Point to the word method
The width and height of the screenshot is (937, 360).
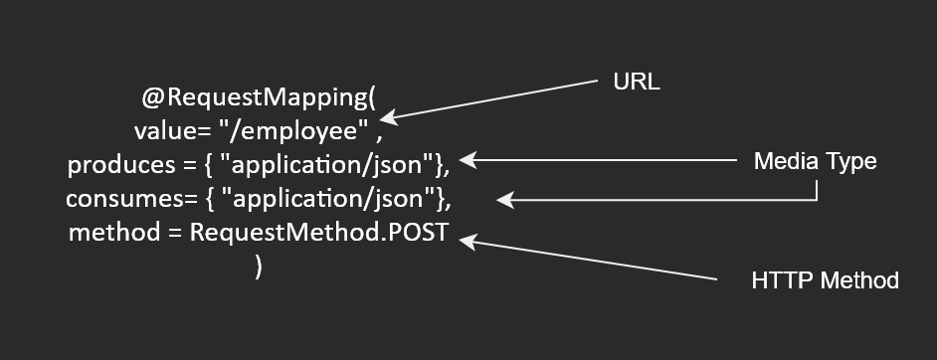point(110,234)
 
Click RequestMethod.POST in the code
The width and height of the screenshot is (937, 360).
point(319,234)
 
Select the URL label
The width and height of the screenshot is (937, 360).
point(637,83)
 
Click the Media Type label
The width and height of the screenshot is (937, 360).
point(816,160)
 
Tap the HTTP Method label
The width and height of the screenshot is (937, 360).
point(825,280)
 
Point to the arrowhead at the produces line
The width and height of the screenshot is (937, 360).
point(468,159)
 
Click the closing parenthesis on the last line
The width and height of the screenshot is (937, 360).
point(259,268)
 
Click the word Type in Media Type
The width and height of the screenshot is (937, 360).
point(853,160)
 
